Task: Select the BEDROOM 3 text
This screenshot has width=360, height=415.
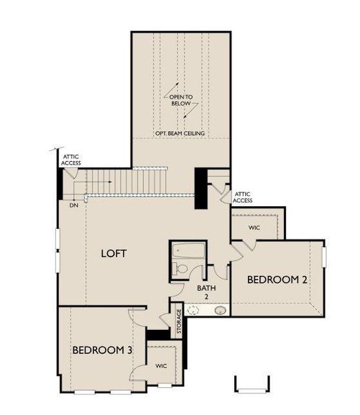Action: [102, 350]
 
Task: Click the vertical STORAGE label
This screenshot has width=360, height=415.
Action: [178, 322]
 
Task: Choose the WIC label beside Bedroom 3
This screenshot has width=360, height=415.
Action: [161, 366]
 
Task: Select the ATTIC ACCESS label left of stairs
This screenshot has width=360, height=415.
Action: [72, 160]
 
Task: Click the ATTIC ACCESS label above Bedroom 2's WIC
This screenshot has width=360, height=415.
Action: [243, 197]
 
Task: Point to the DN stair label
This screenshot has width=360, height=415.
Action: [73, 205]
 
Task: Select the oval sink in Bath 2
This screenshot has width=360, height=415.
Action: [220, 311]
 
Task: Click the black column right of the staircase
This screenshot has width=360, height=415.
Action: [201, 189]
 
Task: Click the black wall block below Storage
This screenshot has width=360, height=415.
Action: [160, 335]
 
